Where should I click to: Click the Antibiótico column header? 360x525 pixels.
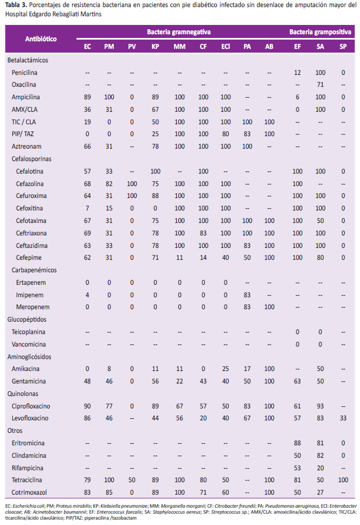pos(41,39)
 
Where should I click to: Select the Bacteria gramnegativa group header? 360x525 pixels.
pos(179,32)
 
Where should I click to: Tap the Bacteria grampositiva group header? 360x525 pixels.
pos(320,32)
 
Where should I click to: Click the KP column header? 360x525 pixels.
pos(155,47)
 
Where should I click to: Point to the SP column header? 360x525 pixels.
pos(343,47)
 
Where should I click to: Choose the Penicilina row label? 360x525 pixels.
pos(24,73)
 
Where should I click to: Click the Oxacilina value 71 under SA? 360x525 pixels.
pos(320,85)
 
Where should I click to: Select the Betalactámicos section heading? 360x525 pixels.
pos(28,60)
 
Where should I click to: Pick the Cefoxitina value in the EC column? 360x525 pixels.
pos(87,208)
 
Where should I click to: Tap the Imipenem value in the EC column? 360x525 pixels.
pos(87,295)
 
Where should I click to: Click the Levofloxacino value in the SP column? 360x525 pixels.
pos(343,418)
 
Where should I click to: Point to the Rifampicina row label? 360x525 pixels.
pos(28,468)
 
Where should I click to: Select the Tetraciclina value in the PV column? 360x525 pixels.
pos(132,480)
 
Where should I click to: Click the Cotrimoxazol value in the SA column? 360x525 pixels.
pos(320,492)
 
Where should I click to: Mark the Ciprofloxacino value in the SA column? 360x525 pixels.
pos(320,406)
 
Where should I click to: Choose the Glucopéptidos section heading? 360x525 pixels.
pos(27,319)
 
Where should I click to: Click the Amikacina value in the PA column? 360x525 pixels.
pos(247,369)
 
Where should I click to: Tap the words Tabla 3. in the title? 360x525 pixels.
pos(16,5)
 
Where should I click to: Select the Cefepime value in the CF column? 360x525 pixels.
pos(203,258)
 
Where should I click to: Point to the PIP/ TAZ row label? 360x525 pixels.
pos(23,134)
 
